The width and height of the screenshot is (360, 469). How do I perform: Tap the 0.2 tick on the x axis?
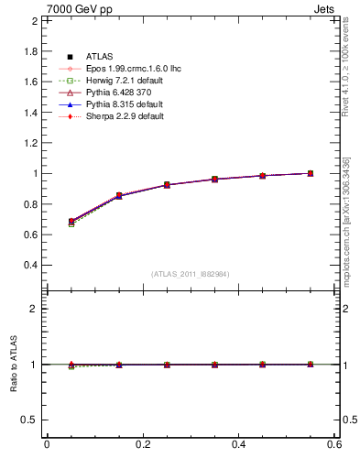click(x=142, y=444)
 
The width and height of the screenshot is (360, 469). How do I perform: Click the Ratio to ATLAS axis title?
click(x=13, y=365)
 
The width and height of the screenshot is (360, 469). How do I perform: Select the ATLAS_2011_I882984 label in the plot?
click(x=191, y=274)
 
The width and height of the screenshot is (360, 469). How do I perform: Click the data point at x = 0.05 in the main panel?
click(x=71, y=222)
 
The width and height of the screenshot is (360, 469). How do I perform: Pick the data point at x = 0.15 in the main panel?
click(x=119, y=196)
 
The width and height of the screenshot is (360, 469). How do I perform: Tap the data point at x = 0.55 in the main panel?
click(x=311, y=173)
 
